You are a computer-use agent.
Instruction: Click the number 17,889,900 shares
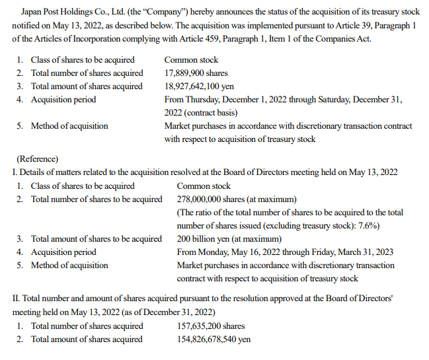click(196, 73)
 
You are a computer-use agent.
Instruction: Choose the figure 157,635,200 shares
click(211, 326)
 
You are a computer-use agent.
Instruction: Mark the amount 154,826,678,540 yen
click(214, 340)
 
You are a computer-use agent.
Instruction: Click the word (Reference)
click(36, 159)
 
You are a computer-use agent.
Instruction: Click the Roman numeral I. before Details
click(15, 172)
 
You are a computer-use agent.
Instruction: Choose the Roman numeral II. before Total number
click(17, 298)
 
